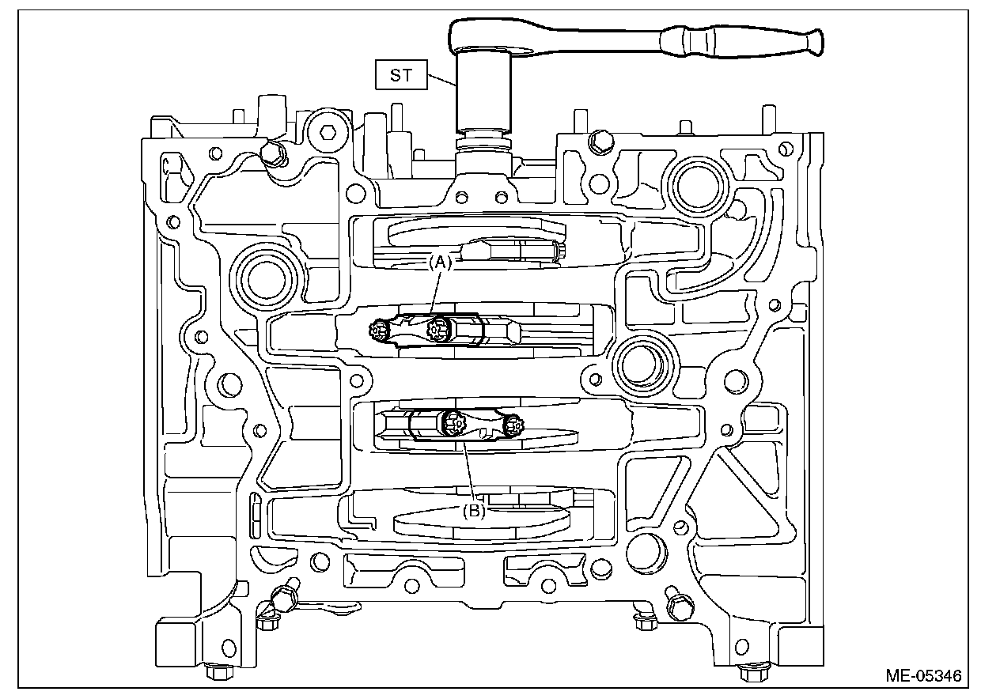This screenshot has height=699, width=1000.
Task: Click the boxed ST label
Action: coord(402,77)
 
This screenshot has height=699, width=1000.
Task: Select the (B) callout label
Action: coord(475,511)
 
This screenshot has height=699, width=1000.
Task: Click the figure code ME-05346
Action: coord(923,676)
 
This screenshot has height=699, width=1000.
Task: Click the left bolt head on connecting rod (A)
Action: coord(379,328)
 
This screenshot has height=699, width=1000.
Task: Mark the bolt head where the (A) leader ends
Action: coord(434,329)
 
